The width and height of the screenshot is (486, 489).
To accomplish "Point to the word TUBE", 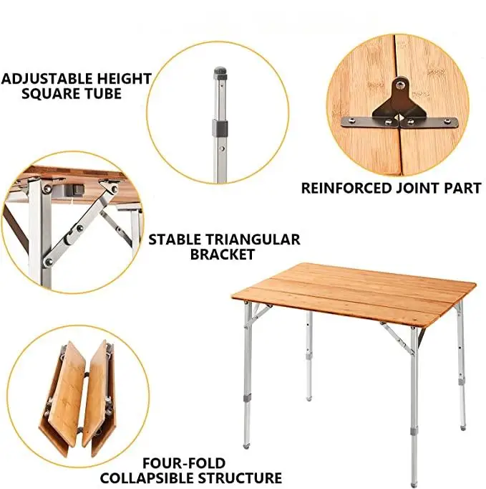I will (x=105, y=93).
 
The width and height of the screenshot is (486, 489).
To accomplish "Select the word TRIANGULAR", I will (x=251, y=239).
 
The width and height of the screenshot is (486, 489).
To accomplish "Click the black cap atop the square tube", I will (x=219, y=72).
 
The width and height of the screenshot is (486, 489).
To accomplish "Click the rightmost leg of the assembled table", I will (x=461, y=366).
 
